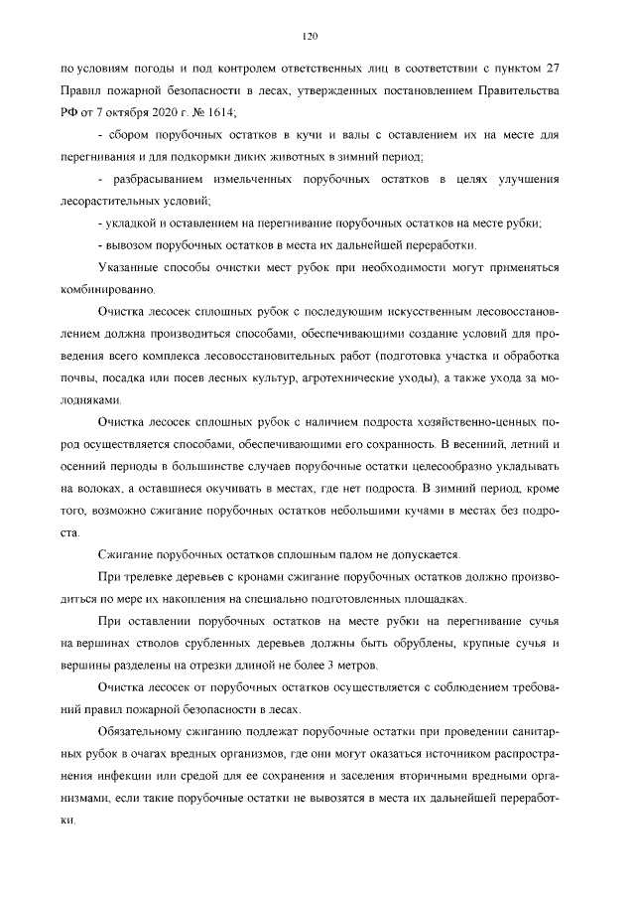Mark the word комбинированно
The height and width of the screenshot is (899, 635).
(x=108, y=290)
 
